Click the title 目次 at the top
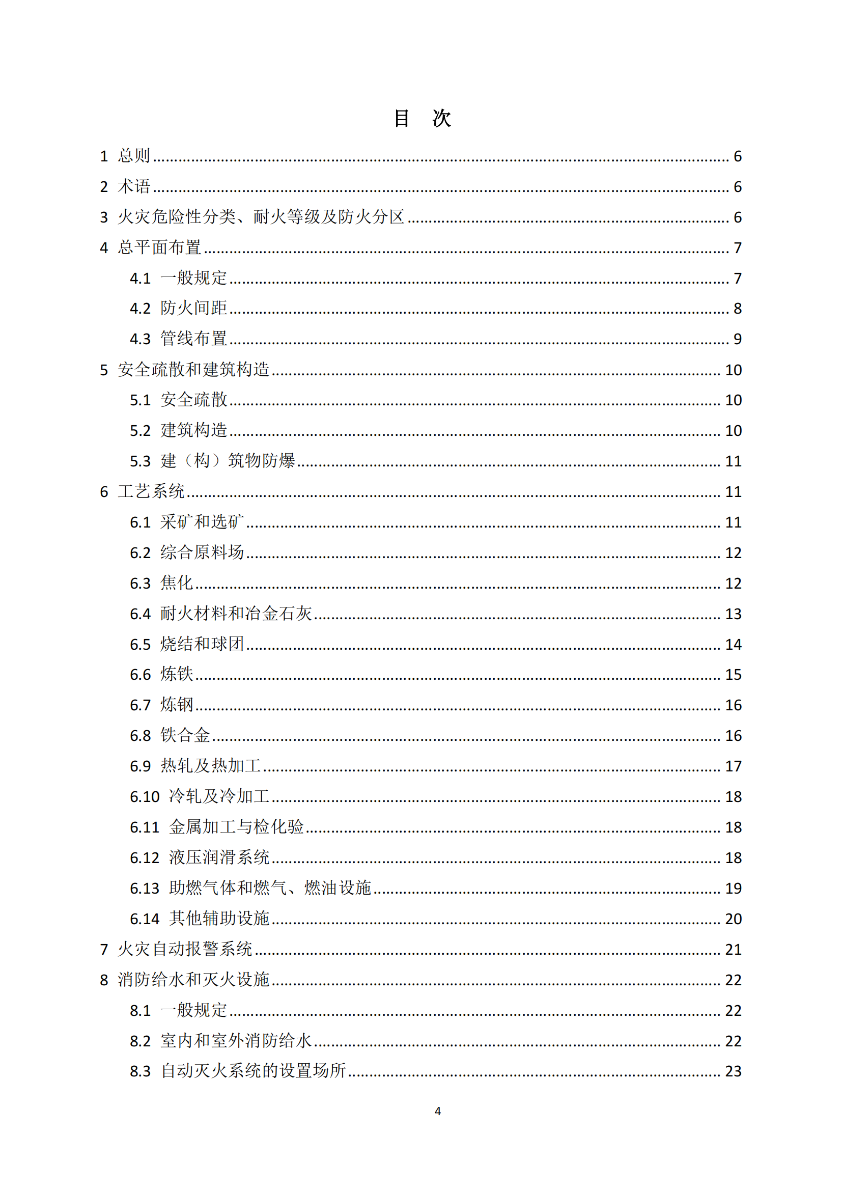pos(422,118)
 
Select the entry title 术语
pos(134,186)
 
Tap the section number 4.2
pos(140,309)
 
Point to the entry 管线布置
pos(193,339)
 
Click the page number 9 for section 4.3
pos(737,339)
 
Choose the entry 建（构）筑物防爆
pos(228,461)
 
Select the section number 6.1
pos(140,522)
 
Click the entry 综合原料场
pos(202,552)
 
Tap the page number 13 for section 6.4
pos(733,614)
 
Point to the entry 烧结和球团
pos(202,644)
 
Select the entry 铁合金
pos(185,736)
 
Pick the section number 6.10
pos(144,797)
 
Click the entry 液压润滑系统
pos(219,857)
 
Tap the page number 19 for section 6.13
pos(733,889)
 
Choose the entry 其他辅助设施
pos(219,919)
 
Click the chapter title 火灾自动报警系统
pos(185,950)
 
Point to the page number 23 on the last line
pos(733,1071)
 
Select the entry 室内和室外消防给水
pos(236,1041)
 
